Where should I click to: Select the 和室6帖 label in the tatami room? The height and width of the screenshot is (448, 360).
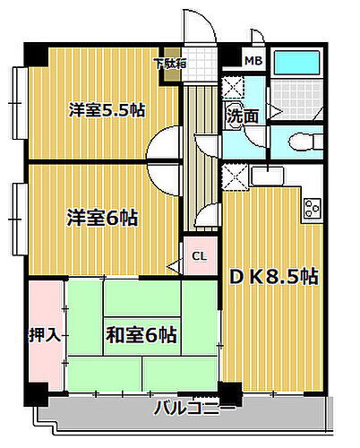coord(141,335)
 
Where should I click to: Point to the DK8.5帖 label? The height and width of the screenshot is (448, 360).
coord(275,276)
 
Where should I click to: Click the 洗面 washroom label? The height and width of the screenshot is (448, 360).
coord(242,115)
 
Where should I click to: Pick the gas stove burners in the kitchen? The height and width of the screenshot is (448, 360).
coord(313,209)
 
